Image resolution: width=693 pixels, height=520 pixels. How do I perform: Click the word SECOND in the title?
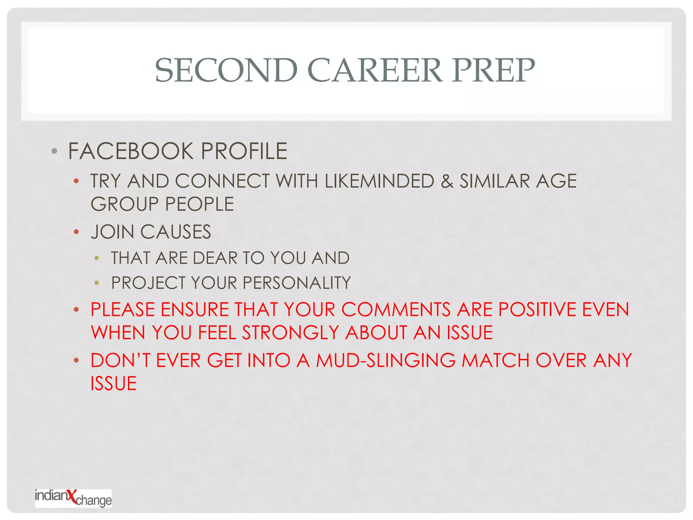tap(226, 70)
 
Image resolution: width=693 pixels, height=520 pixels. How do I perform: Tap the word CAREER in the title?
tap(375, 70)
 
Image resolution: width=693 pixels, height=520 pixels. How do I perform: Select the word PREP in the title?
tap(494, 70)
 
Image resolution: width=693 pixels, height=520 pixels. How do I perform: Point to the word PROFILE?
tap(244, 151)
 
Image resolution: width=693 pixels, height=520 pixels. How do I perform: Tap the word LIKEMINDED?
tap(379, 181)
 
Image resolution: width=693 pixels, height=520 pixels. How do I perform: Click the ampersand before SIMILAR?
tap(447, 181)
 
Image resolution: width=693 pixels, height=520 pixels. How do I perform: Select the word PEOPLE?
tap(200, 204)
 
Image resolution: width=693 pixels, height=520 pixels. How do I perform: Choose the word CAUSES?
tap(176, 232)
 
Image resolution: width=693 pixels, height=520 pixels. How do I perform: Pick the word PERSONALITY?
tap(297, 283)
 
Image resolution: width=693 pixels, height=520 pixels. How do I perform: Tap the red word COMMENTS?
tap(396, 310)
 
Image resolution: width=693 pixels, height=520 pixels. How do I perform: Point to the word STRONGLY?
tap(290, 333)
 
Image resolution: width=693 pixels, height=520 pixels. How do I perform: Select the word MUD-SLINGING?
tap(386, 361)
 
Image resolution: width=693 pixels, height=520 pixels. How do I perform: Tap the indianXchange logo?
tap(73, 498)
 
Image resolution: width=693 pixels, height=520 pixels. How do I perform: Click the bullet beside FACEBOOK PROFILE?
tap(54, 151)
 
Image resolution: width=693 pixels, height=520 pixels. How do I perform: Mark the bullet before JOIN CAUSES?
tap(76, 232)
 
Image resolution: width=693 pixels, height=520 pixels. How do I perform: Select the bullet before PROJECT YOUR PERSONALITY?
tap(97, 283)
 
